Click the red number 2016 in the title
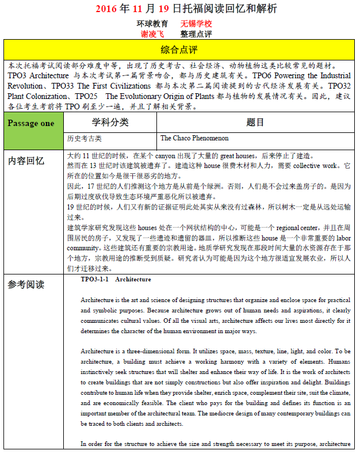pos(105,9)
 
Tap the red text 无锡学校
pos(196,24)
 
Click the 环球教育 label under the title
pos(152,24)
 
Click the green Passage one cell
pos(32,123)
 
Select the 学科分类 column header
pos(110,123)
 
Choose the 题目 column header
pos(255,123)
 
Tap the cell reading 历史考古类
pos(85,139)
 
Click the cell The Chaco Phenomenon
pos(194,139)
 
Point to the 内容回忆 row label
pos(26,161)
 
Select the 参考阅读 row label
pos(26,284)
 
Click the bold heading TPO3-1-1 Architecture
pos(116,280)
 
